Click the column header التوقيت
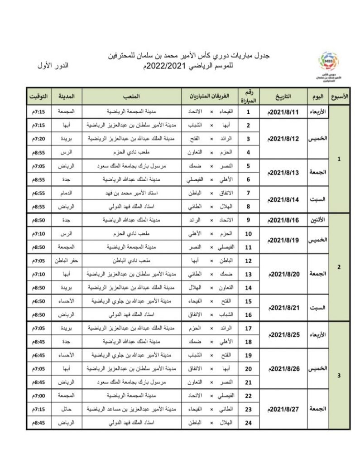click(x=38, y=97)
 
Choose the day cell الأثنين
click(x=317, y=220)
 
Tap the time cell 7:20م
click(x=38, y=139)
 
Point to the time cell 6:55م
click(x=38, y=193)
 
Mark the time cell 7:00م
click(x=38, y=396)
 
